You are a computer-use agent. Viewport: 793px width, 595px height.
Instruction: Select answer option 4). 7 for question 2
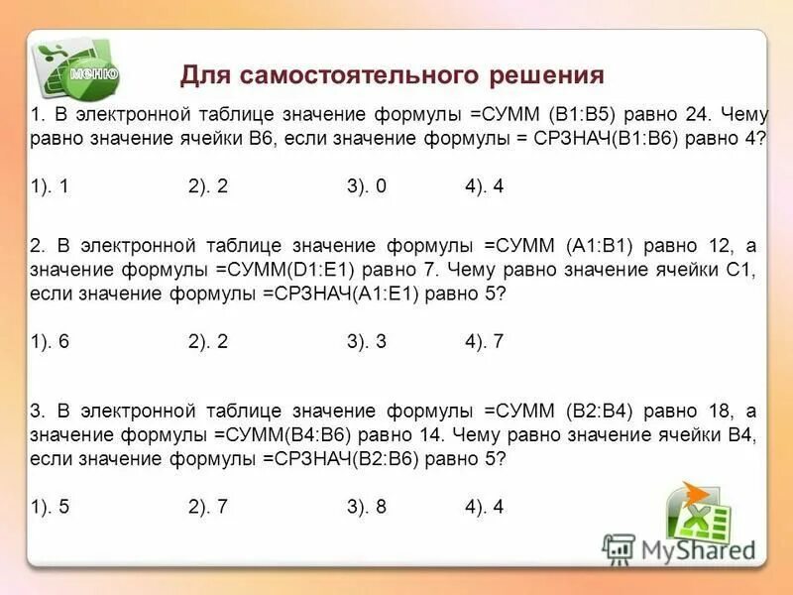(x=485, y=341)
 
